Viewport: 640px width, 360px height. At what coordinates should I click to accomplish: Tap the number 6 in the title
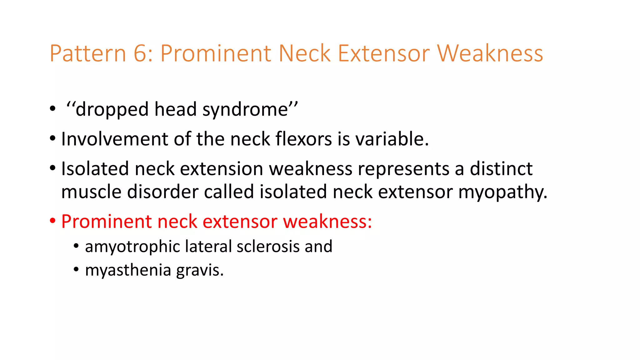(x=140, y=53)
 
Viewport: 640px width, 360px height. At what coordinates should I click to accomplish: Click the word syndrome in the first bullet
(x=245, y=110)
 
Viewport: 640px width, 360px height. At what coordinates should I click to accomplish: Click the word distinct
(x=501, y=169)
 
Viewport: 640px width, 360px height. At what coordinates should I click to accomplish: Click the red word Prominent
(x=106, y=222)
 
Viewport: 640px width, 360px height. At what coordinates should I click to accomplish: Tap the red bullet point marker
(x=52, y=221)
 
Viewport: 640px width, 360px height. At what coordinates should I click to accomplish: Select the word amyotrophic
(x=132, y=247)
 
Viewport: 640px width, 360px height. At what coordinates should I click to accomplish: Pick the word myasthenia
(x=128, y=270)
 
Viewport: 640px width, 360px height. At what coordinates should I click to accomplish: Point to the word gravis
(x=200, y=271)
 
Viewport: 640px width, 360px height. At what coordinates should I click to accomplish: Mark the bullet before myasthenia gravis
(x=76, y=269)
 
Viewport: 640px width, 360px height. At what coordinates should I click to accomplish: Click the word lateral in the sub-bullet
(x=208, y=246)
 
